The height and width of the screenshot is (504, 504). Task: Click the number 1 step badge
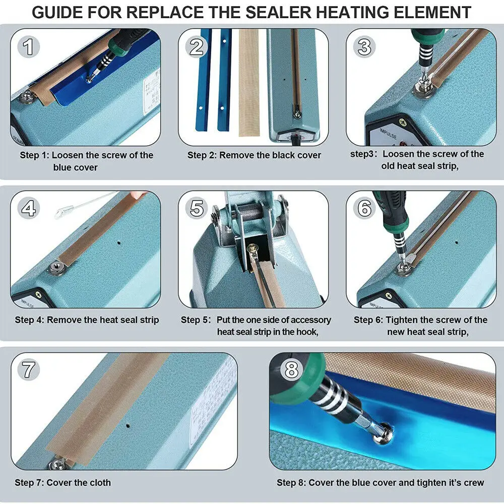click(29, 47)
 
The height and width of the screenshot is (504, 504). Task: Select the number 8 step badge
click(291, 370)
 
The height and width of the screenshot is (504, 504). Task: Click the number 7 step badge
click(29, 370)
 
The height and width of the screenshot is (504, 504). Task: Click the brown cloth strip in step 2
click(248, 81)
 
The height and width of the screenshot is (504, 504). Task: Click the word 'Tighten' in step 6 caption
click(404, 320)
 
